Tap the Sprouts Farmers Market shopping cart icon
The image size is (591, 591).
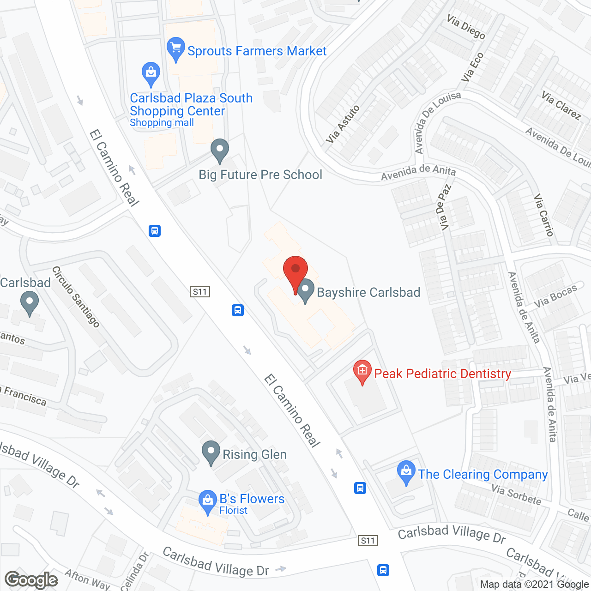click(x=175, y=48)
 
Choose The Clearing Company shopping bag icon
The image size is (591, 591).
click(x=406, y=471)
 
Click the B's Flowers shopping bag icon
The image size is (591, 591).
click(x=208, y=501)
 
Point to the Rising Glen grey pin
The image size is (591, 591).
click(x=211, y=452)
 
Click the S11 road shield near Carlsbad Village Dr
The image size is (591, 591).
click(x=368, y=541)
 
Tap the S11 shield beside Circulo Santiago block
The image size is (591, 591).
click(x=200, y=292)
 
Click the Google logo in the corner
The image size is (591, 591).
click(x=31, y=580)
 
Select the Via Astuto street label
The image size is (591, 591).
click(x=343, y=124)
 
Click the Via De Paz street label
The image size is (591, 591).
click(x=443, y=207)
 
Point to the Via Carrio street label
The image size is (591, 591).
click(x=543, y=215)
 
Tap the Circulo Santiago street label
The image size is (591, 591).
click(x=76, y=296)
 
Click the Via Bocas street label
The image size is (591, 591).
click(x=555, y=296)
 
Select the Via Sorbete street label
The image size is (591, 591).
click(x=516, y=495)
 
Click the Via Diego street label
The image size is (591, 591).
click(x=466, y=27)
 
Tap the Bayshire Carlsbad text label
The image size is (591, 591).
click(x=368, y=292)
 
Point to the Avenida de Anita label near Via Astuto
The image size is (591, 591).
click(x=418, y=172)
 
